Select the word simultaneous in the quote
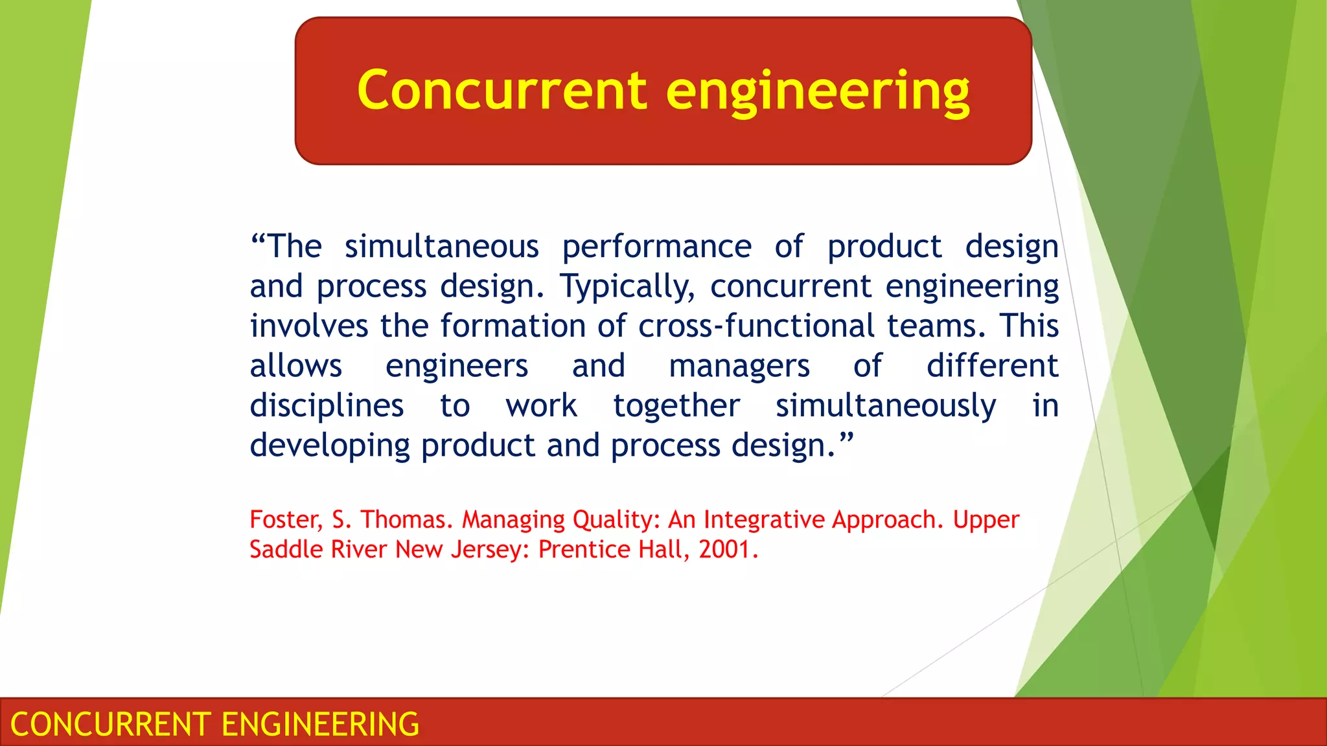(x=441, y=247)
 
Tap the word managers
(x=739, y=367)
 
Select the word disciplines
(x=327, y=406)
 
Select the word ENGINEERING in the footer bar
(x=321, y=724)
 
